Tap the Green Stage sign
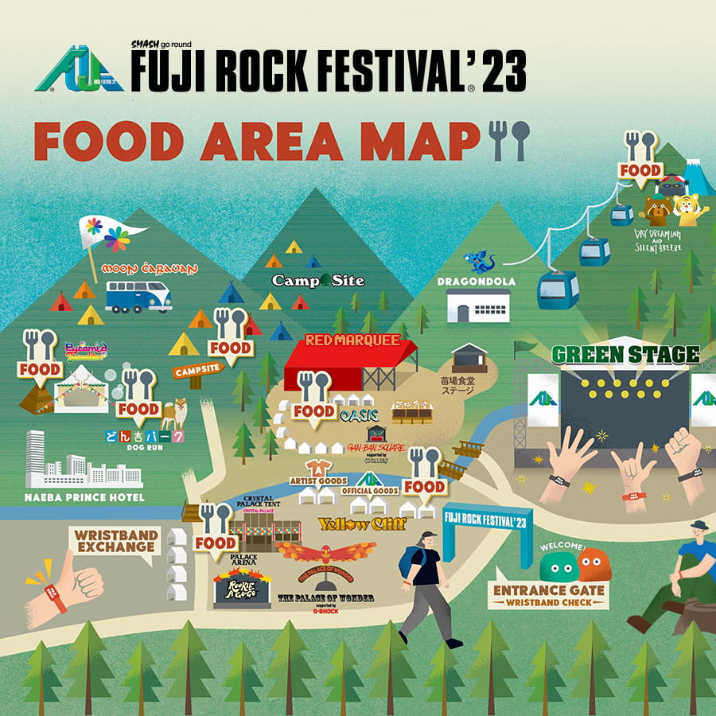[625, 354]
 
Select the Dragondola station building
[477, 305]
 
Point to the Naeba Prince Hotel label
[84, 498]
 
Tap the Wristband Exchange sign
[116, 541]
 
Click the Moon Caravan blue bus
[138, 295]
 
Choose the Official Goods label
[370, 491]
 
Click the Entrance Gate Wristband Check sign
[549, 596]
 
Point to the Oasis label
[359, 414]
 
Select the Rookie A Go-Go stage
[242, 590]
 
